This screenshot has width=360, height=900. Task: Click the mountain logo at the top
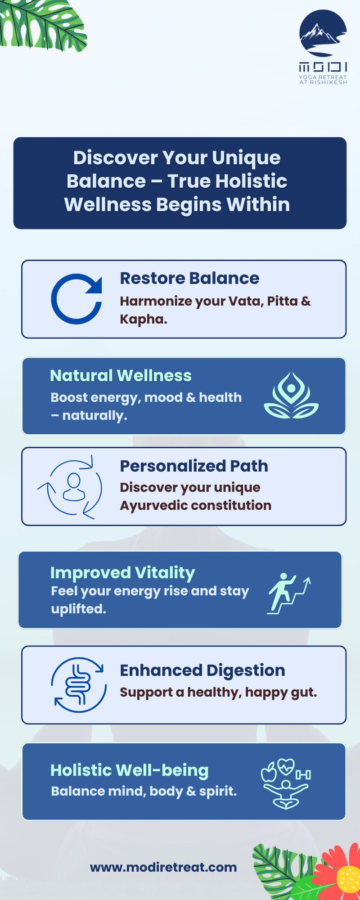click(323, 34)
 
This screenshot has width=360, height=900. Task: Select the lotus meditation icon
click(291, 396)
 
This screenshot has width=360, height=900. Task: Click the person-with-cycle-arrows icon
click(70, 487)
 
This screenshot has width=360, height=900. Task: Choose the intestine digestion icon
click(79, 685)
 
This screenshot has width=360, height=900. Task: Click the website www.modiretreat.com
click(163, 867)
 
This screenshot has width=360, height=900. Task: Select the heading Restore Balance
click(189, 278)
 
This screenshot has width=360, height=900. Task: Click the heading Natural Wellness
click(121, 375)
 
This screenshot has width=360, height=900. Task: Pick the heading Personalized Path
click(194, 466)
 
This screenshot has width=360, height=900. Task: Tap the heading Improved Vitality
click(122, 573)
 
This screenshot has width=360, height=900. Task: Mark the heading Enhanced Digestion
click(202, 670)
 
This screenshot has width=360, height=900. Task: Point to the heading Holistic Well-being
click(130, 770)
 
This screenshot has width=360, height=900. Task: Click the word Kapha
click(144, 319)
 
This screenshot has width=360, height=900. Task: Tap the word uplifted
click(79, 609)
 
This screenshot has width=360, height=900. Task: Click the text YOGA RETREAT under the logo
click(323, 77)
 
